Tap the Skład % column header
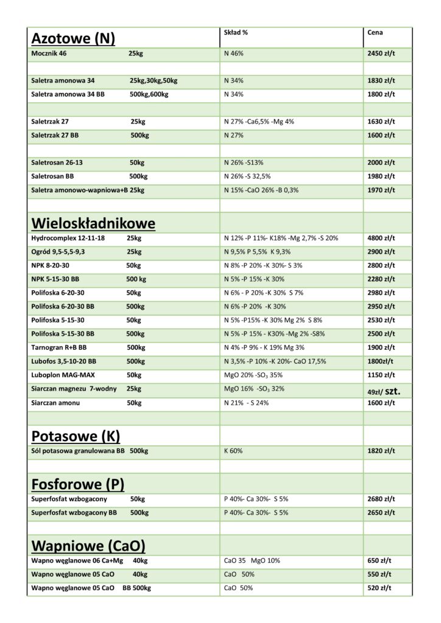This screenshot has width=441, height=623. [x=236, y=32]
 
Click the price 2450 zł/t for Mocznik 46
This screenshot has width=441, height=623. [x=381, y=54]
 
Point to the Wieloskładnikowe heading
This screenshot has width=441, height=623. [x=93, y=223]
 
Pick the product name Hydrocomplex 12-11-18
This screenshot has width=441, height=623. [x=68, y=238]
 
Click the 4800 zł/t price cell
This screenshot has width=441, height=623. [x=381, y=238]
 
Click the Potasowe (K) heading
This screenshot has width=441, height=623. [x=76, y=436]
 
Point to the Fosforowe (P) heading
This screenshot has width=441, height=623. [x=77, y=484]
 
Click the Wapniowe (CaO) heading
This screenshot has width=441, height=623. [x=88, y=544]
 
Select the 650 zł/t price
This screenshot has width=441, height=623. [x=379, y=560]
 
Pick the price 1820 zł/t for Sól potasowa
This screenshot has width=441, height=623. [x=381, y=451]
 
